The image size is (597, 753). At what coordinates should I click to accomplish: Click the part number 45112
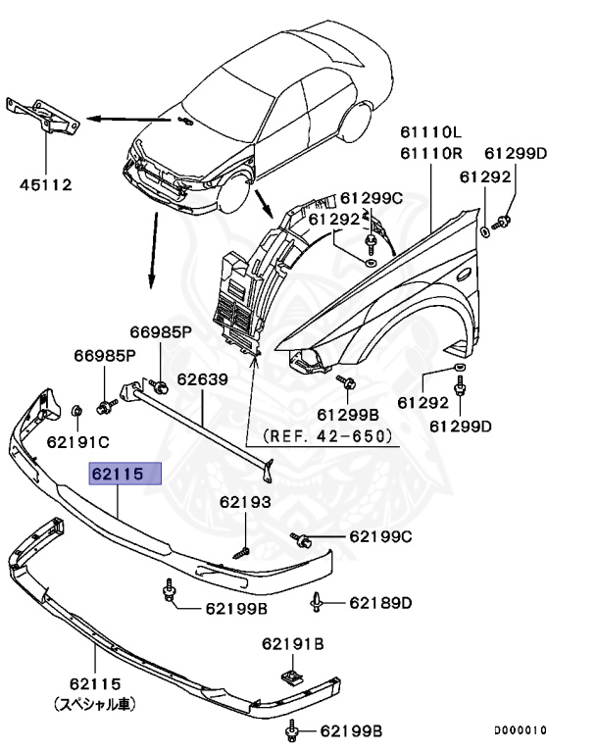coord(44,183)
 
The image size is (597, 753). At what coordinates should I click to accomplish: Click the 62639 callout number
coord(202,379)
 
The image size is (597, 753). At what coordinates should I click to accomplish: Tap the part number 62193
coord(244,502)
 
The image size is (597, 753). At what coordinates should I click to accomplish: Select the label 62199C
coord(380,537)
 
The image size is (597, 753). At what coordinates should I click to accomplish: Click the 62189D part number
coord(380,602)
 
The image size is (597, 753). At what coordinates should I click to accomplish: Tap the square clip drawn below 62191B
coord(291,677)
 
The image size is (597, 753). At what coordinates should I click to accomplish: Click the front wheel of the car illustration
coord(231,194)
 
